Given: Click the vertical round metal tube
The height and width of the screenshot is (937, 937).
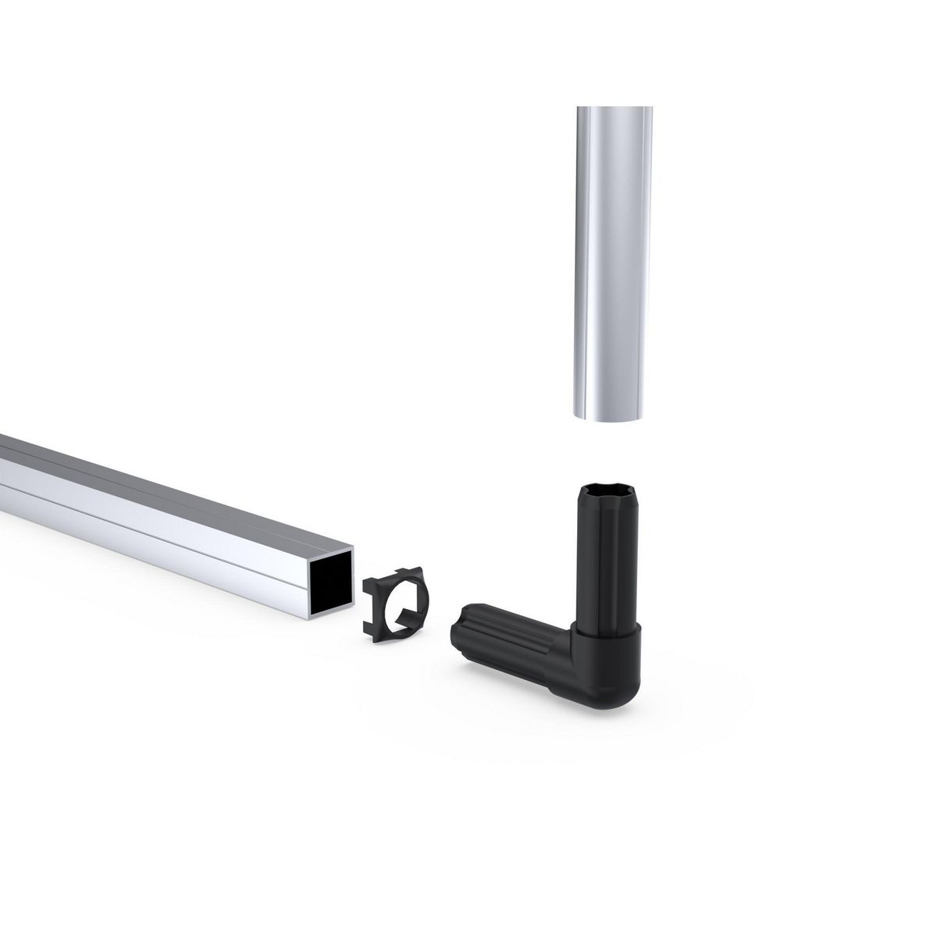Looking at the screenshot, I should click(613, 258).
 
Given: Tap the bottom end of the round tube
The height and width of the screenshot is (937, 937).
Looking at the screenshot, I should click(613, 419).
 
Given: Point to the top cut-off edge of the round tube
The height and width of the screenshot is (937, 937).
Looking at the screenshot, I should click(613, 108).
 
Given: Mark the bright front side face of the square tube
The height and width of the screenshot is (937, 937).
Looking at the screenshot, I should click(156, 531).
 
